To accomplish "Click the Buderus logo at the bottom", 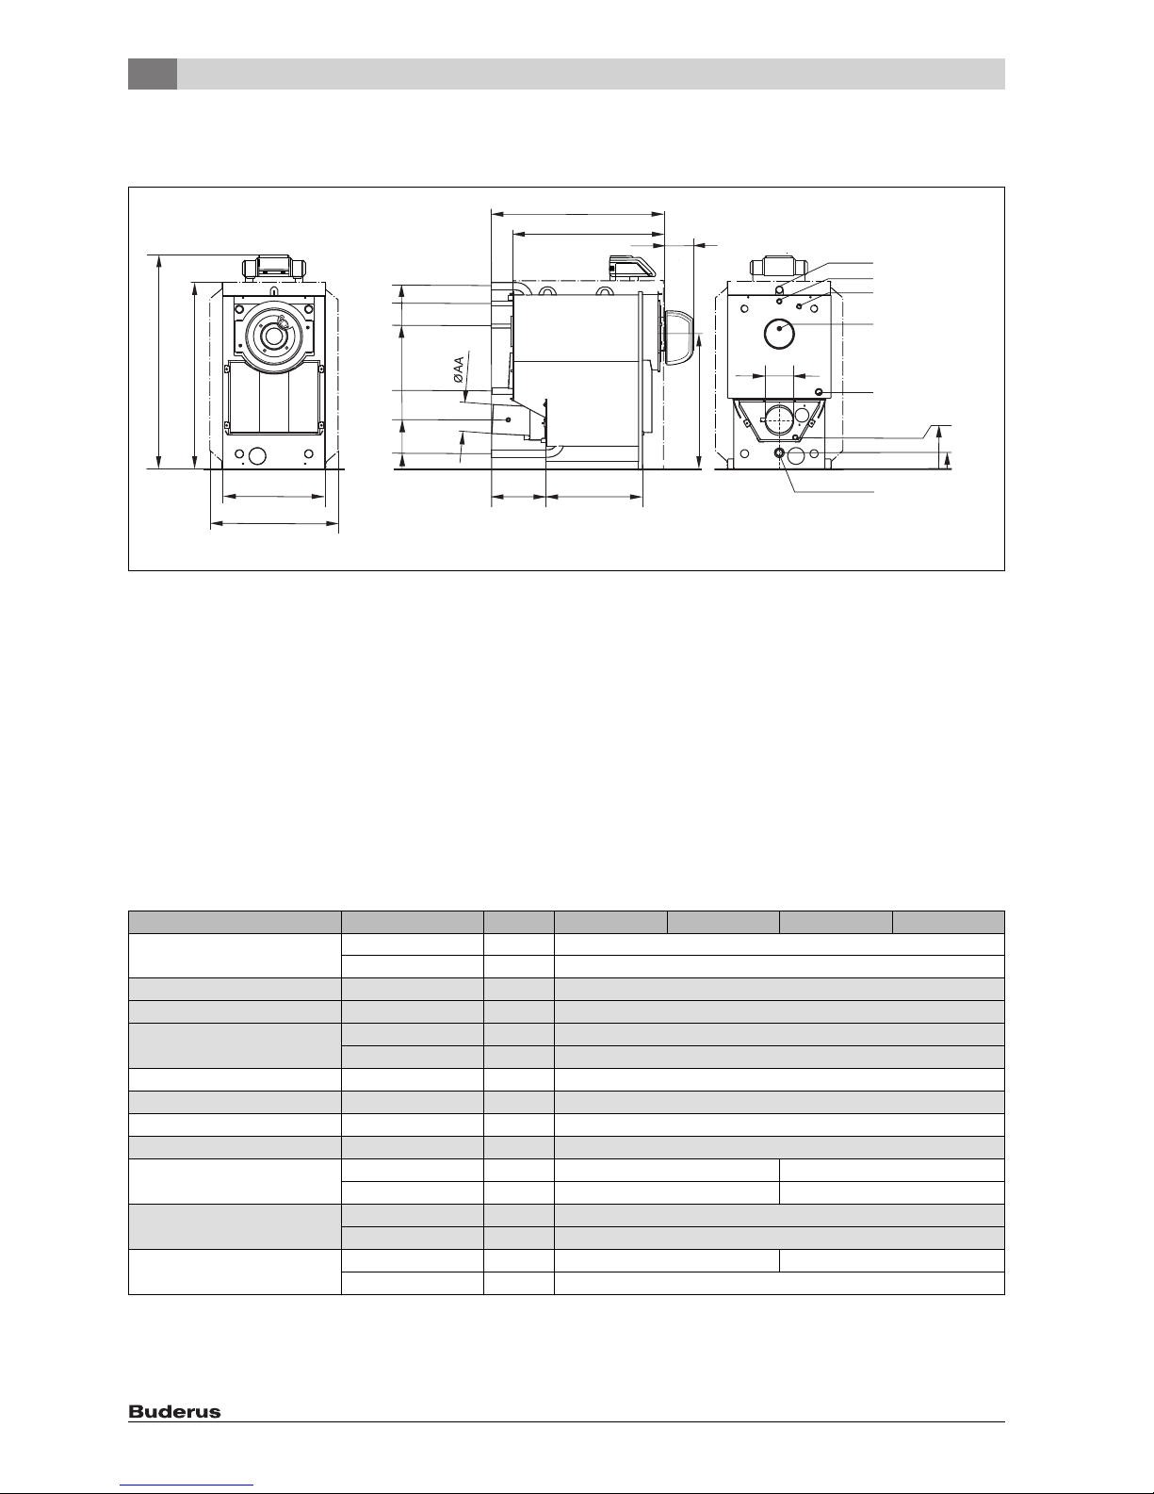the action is pyautogui.click(x=174, y=1412).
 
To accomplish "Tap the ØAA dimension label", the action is pyautogui.click(x=459, y=369).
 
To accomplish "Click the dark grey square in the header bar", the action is pyautogui.click(x=153, y=74).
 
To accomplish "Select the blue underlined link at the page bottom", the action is pyautogui.click(x=187, y=1486).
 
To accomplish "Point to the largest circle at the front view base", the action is pyautogui.click(x=257, y=455).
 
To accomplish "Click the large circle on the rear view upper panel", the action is pyautogui.click(x=779, y=334).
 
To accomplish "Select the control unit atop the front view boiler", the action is pyautogui.click(x=274, y=268).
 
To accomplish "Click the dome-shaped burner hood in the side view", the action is pyautogui.click(x=676, y=337).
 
